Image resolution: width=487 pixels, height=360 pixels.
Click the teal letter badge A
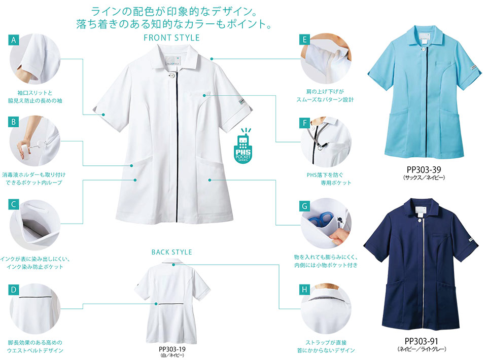[x=13, y=40]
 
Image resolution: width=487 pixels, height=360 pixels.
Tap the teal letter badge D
[x=13, y=290]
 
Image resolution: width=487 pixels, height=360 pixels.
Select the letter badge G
[x=304, y=206]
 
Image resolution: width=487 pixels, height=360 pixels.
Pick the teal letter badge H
[x=304, y=290]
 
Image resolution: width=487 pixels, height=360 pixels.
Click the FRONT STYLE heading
[x=171, y=38]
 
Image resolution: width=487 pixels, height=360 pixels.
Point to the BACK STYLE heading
[x=172, y=253]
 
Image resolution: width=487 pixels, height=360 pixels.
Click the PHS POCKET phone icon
[x=243, y=146]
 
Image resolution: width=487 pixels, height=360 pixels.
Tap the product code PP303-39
[x=424, y=169]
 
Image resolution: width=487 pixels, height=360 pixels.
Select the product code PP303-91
[x=422, y=341]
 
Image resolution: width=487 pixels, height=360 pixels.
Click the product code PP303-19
[x=172, y=349]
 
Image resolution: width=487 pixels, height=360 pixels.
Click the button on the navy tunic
[x=420, y=221]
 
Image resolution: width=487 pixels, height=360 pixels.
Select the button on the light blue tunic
[x=423, y=48]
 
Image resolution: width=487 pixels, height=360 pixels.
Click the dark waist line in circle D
[x=35, y=298]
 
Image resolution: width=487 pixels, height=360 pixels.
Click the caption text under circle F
[x=329, y=179]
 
